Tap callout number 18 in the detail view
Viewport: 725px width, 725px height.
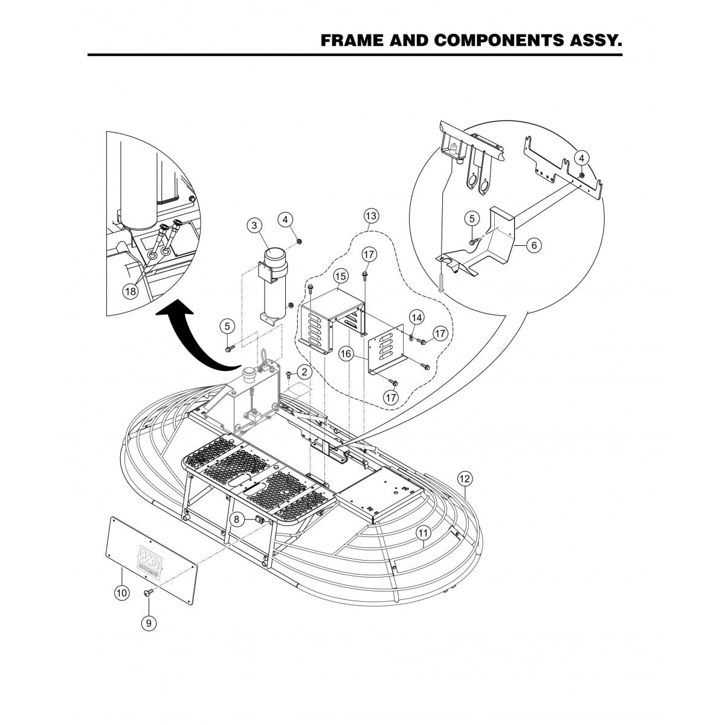click(130, 291)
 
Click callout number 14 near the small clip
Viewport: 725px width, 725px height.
click(416, 317)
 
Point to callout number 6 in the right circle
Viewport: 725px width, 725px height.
click(534, 245)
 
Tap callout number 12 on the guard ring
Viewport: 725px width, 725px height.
click(464, 478)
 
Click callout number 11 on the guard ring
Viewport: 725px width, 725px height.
click(424, 532)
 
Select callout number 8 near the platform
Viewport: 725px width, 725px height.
click(238, 518)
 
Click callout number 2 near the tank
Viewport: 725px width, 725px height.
click(304, 372)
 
